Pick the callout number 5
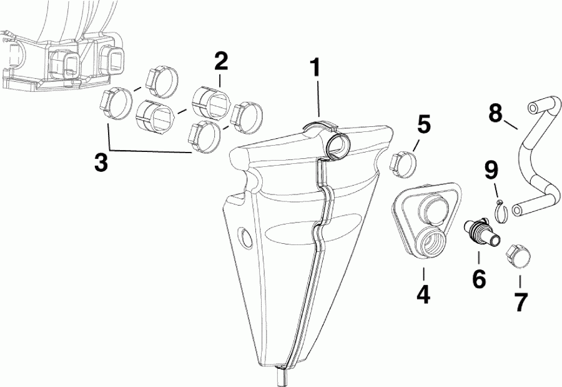[x=423, y=124]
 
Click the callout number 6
[x=479, y=279]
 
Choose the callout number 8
[x=495, y=113]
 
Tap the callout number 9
[x=491, y=169]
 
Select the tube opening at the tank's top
[x=337, y=144]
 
